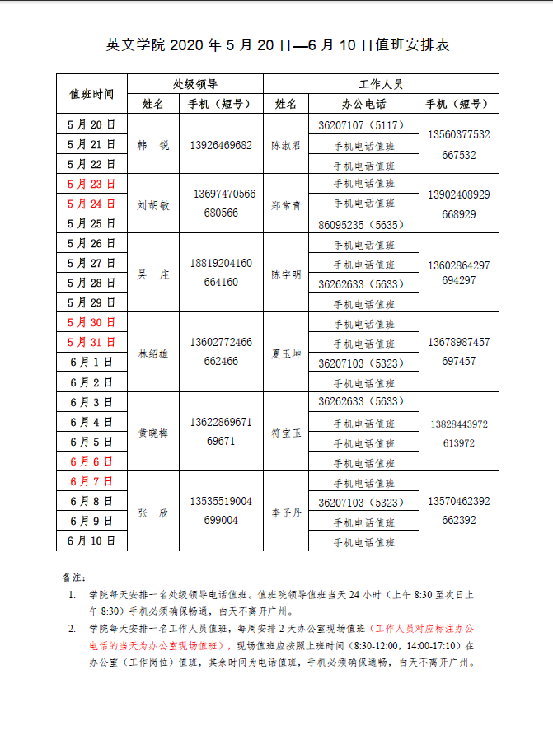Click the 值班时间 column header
[91, 94]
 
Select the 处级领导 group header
[195, 84]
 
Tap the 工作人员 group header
[381, 84]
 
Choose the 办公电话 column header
[363, 105]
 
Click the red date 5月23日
[91, 184]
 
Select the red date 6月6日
[91, 461]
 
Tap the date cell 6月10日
[91, 541]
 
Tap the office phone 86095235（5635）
[361, 224]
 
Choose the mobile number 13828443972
[458, 424]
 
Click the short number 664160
[220, 283]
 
